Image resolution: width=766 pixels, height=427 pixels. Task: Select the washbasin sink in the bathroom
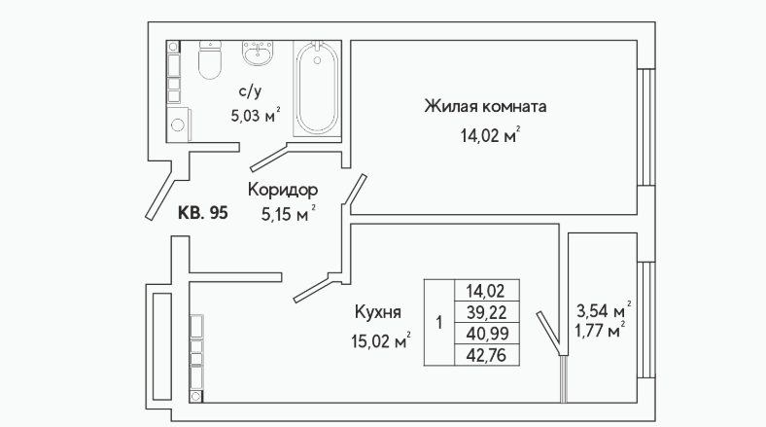click(x=258, y=53)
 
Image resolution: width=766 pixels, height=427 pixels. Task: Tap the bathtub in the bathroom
click(x=317, y=88)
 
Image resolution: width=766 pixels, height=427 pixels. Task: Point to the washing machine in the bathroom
click(x=178, y=125)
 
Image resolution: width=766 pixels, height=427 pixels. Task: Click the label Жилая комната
click(x=485, y=106)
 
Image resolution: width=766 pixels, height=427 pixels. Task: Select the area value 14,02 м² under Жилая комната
click(x=490, y=135)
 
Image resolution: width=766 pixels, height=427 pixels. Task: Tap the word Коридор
click(x=283, y=190)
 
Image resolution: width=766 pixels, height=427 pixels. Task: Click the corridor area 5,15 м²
click(x=289, y=214)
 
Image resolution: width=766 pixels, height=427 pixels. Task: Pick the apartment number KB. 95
click(x=203, y=213)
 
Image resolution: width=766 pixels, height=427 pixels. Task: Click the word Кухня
click(x=378, y=311)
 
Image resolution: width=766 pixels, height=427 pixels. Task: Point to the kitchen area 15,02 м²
click(x=380, y=340)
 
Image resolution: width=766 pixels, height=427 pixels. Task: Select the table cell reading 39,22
click(x=487, y=311)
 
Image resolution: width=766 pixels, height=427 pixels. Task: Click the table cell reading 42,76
click(x=487, y=355)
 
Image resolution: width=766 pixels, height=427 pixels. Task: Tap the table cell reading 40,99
click(x=487, y=334)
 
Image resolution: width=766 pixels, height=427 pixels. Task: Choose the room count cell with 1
click(x=439, y=323)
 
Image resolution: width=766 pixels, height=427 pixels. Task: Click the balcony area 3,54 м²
click(x=604, y=310)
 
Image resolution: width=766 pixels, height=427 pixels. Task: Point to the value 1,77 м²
click(x=600, y=331)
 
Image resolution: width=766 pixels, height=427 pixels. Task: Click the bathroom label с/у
click(x=250, y=91)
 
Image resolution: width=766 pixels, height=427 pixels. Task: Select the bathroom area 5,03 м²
click(x=256, y=116)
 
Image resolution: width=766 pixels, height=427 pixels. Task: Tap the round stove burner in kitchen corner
click(x=196, y=396)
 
